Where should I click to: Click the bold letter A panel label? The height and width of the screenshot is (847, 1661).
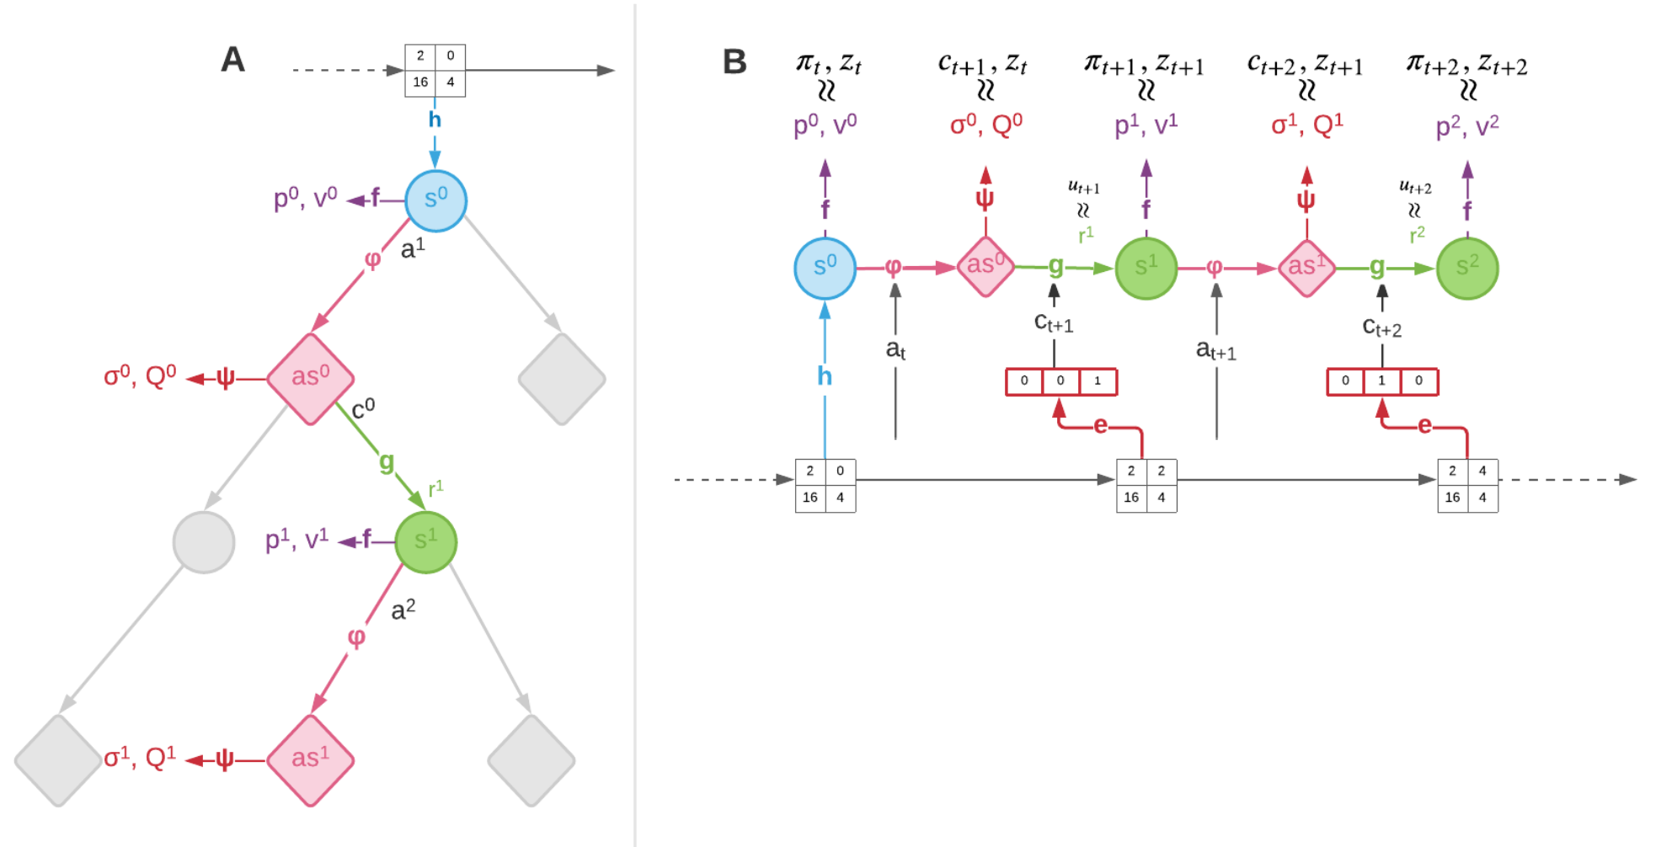(x=232, y=60)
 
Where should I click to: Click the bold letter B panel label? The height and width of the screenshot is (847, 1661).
(x=734, y=61)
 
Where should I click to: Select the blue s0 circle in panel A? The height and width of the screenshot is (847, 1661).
(x=435, y=200)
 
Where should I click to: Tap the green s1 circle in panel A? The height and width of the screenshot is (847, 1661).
(x=425, y=541)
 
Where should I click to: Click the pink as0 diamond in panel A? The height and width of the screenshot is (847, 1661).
(x=310, y=379)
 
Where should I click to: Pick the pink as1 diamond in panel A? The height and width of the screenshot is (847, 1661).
(x=310, y=759)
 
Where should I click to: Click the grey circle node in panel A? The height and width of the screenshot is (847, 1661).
(x=204, y=542)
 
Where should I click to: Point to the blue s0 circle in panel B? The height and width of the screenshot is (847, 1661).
(x=825, y=268)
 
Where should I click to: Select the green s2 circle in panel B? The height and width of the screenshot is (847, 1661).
(x=1466, y=268)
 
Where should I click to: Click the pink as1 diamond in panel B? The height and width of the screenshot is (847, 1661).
(x=1306, y=268)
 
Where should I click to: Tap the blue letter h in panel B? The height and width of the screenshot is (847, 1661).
(x=825, y=376)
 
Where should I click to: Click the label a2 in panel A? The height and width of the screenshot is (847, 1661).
(x=403, y=610)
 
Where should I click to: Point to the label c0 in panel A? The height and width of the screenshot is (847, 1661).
(x=363, y=408)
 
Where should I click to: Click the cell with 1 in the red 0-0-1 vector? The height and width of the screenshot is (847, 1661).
(x=1098, y=381)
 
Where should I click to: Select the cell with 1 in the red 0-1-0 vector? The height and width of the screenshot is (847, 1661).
(x=1381, y=381)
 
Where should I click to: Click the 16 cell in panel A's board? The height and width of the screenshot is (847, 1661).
(x=420, y=82)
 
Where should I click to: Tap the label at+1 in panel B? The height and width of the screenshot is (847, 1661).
(x=1215, y=349)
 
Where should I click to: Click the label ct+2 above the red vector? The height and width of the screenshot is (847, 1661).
(x=1381, y=328)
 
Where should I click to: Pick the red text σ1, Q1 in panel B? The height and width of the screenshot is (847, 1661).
(x=1306, y=125)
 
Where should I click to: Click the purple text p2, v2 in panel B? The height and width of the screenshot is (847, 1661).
(x=1466, y=126)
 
